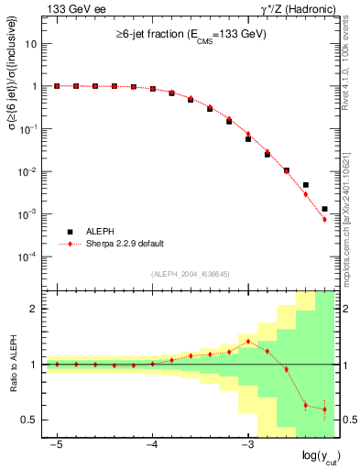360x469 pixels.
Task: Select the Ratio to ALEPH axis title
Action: [12, 364]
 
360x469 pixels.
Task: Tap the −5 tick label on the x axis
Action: [56, 443]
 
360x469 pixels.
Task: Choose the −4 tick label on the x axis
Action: [151, 443]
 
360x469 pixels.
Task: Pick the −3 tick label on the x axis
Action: [246, 443]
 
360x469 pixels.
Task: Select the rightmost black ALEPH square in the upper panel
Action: [324, 209]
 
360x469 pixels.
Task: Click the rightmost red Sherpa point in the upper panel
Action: [324, 219]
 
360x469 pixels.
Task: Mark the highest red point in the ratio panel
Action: [248, 342]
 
